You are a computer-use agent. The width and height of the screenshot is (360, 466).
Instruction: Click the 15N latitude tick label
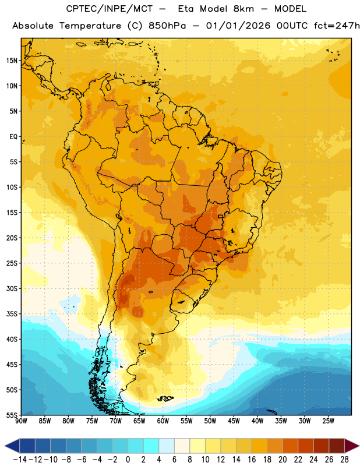coord(12,61)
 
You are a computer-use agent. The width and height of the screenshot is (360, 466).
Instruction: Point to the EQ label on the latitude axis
coord(13,137)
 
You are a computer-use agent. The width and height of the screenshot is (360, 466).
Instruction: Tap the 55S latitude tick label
coord(12,415)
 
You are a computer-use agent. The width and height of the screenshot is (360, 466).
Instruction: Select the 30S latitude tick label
coord(12,288)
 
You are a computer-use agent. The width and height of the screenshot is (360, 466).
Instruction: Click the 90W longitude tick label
coord(22,421)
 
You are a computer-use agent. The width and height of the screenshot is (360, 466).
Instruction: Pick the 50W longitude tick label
coord(210,421)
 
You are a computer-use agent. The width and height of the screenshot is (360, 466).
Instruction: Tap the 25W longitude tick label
coord(328,421)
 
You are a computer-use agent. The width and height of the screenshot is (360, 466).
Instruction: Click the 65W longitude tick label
coord(139,421)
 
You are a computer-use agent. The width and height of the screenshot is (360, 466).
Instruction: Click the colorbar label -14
coord(20,460)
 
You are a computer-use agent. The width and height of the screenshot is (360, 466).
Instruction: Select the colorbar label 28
coord(344,460)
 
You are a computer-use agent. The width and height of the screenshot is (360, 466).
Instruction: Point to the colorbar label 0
coord(128,460)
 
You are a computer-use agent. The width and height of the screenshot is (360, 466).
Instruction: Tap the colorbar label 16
coord(252,460)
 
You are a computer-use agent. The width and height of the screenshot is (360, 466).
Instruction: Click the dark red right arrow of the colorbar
coord(351,446)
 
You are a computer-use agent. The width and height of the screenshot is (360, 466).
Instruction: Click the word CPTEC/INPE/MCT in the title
coord(109,9)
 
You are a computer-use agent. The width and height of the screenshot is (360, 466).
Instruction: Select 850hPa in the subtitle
coord(167,26)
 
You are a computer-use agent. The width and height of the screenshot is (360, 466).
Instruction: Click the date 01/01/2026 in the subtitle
coord(238,26)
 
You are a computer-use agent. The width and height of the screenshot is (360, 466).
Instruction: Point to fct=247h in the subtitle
coord(337,26)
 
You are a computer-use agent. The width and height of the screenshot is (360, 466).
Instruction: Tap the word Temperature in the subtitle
coord(90,26)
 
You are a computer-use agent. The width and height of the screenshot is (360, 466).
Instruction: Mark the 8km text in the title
coord(243,9)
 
